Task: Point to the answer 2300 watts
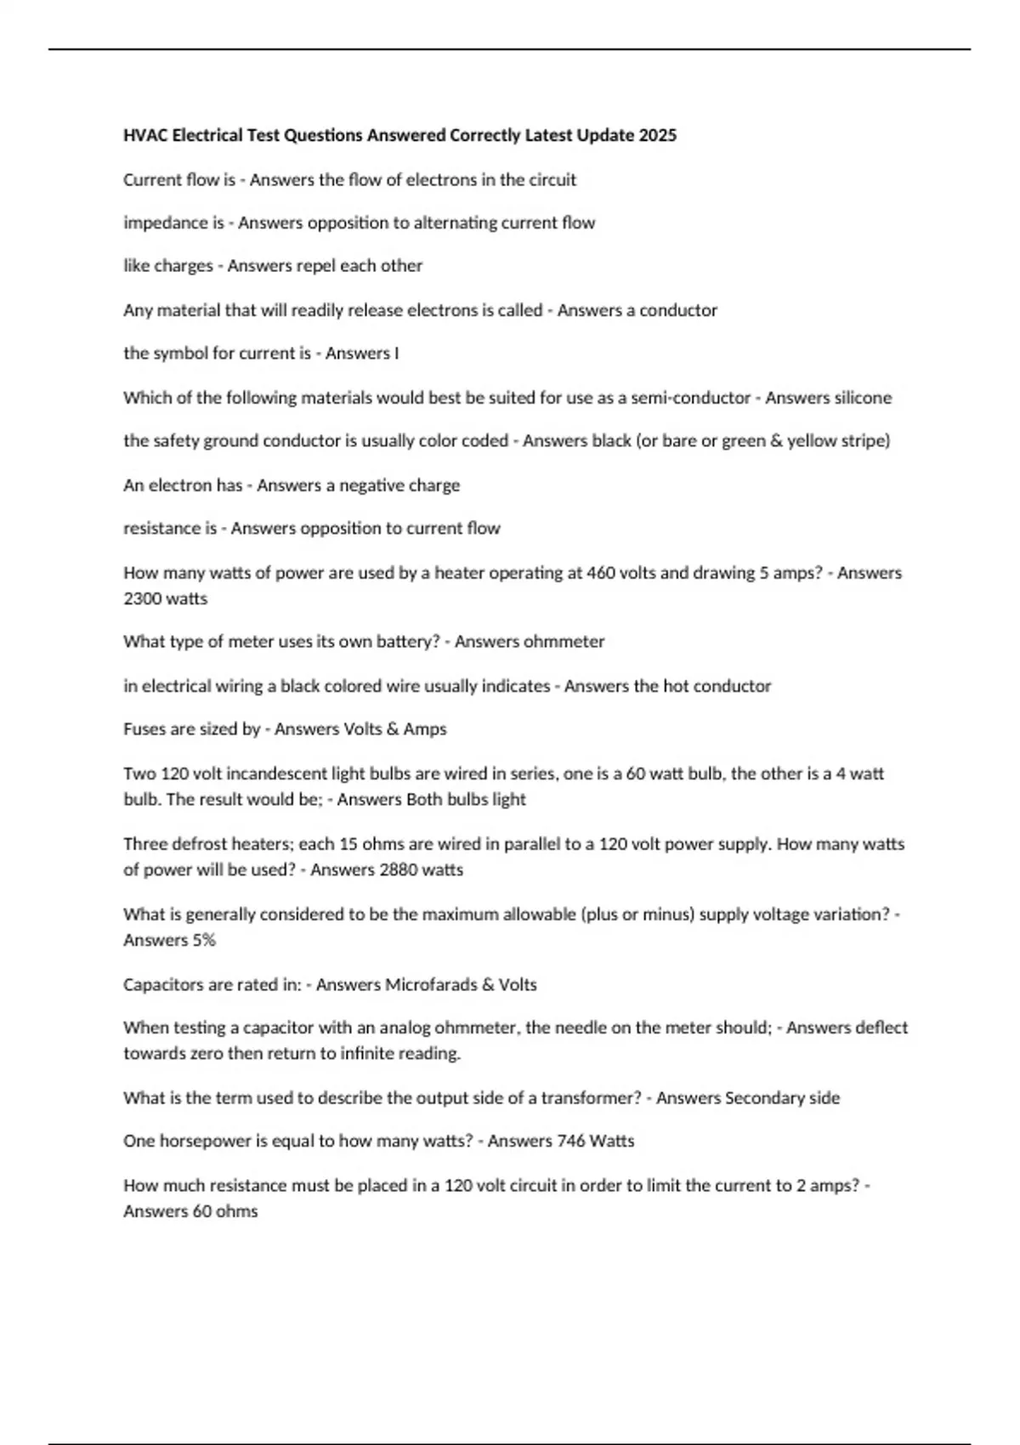(165, 598)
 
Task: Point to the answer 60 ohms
(224, 1211)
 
